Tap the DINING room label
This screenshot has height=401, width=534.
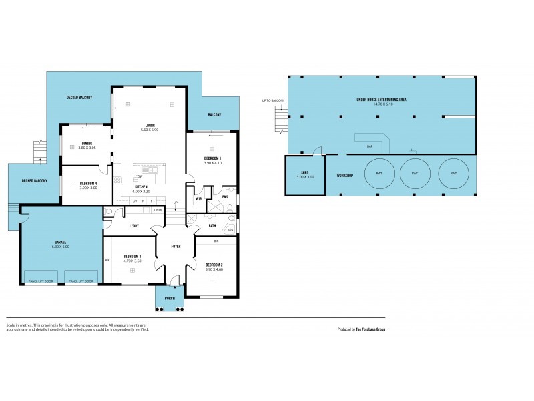tap(87, 143)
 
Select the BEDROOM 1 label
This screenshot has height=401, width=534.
tap(213, 158)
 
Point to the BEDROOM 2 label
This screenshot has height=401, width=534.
tap(214, 265)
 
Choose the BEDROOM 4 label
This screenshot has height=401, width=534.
tap(88, 183)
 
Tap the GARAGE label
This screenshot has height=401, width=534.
tap(61, 242)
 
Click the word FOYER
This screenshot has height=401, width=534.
tap(176, 245)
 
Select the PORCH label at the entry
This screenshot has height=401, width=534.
tap(170, 299)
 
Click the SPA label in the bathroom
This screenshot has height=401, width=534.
tap(230, 230)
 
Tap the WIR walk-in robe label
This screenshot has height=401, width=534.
tap(199, 198)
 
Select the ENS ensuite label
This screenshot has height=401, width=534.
tap(226, 196)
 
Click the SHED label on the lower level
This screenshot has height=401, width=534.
tap(304, 173)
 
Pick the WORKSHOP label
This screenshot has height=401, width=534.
tap(344, 176)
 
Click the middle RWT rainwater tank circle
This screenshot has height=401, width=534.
tap(415, 174)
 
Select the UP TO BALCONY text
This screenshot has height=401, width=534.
tap(274, 100)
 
